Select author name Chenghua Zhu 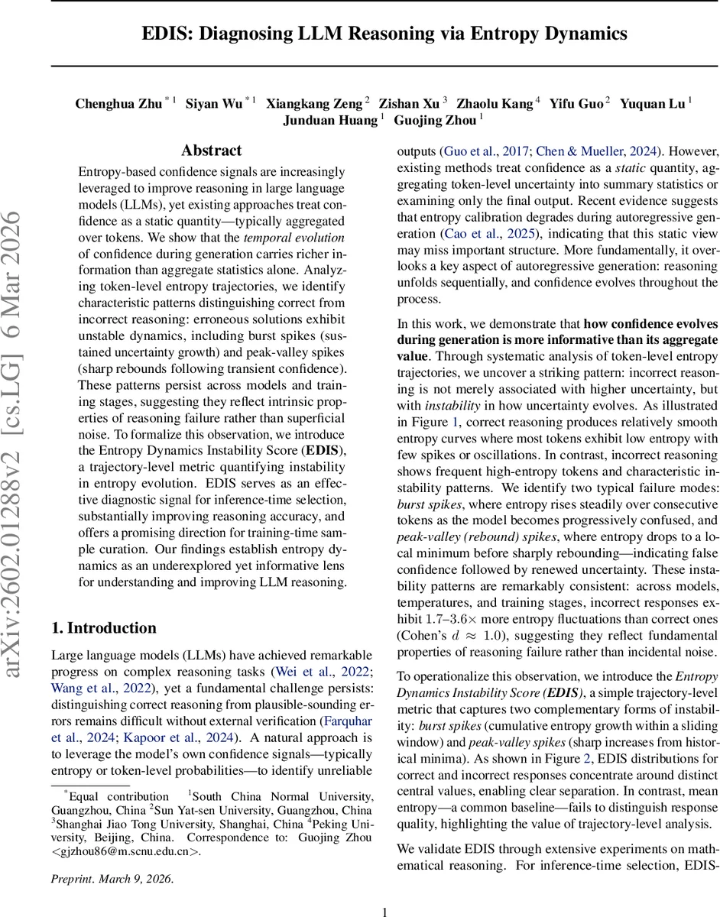118,103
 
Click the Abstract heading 212,151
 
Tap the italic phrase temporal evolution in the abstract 294,238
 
